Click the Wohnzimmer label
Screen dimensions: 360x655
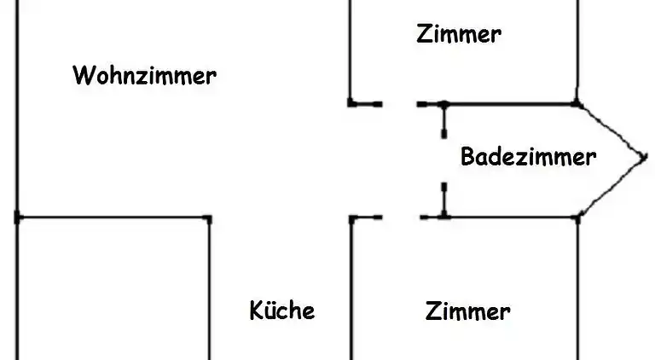pos(144,76)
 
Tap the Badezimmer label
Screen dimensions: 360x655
pos(527,157)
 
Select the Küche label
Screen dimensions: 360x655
pos(281,310)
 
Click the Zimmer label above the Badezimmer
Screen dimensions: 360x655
pos(458,34)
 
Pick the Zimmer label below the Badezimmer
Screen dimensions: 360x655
pos(467,311)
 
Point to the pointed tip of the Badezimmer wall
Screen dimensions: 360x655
pos(643,157)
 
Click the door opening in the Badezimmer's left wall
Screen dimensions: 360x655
pos(443,160)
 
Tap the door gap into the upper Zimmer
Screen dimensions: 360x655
pos(399,104)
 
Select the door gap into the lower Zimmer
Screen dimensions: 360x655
pos(401,218)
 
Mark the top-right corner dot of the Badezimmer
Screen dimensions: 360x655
pos(577,104)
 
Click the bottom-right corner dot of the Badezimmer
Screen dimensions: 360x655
pos(577,218)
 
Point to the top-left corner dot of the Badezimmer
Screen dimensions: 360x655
pos(443,104)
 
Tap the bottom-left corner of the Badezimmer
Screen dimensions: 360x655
pos(443,218)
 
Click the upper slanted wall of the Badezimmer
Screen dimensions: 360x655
pos(611,130)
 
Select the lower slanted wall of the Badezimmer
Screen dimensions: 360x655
pos(611,188)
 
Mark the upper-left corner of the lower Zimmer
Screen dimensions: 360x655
pos(351,218)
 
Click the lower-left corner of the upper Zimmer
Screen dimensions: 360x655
pos(351,103)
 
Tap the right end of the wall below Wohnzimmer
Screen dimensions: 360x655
pos(209,218)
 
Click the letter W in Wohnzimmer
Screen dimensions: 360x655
pos(83,76)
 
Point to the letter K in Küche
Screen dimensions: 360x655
pos(256,310)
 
